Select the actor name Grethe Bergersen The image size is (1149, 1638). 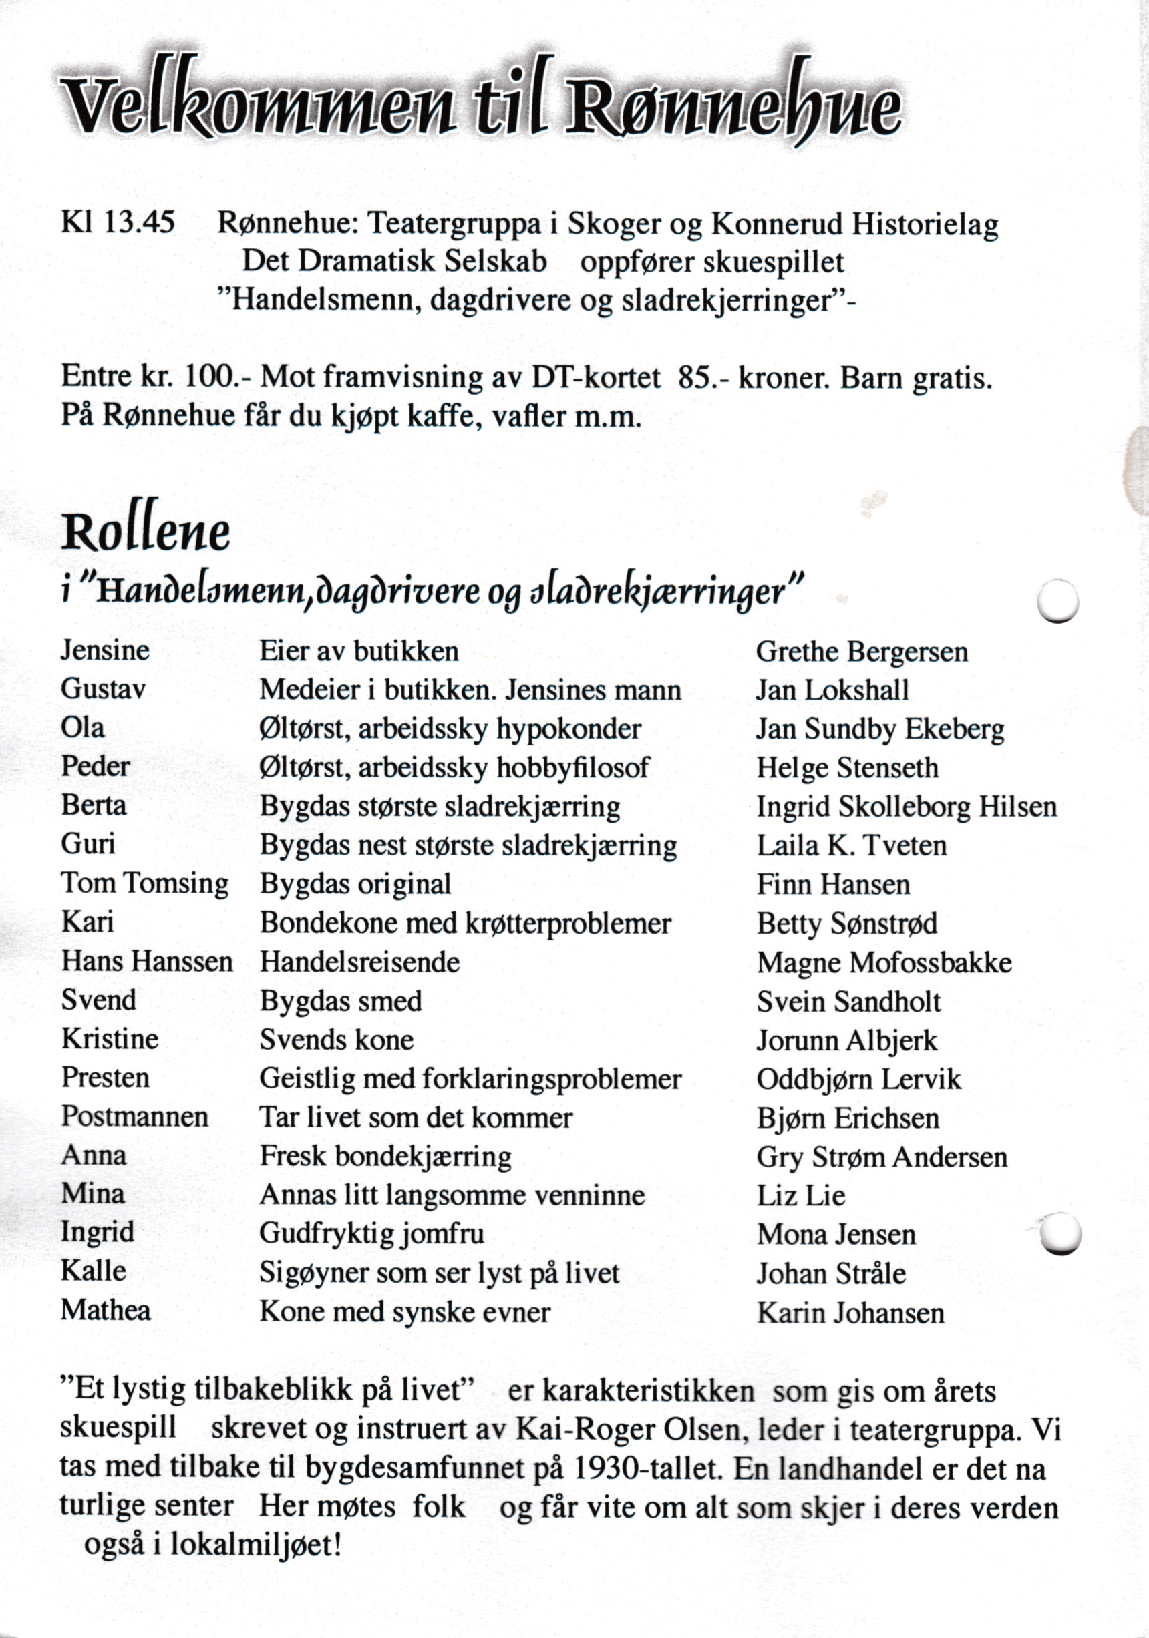tap(861, 651)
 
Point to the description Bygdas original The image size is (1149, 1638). tap(355, 884)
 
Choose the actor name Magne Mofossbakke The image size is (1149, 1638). tap(884, 962)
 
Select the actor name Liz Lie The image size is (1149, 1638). tap(802, 1195)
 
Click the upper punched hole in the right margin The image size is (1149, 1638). tap(1057, 601)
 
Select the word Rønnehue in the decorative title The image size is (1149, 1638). tap(732, 107)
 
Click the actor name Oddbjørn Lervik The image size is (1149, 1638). tap(858, 1078)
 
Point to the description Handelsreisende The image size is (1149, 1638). tap(359, 962)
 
